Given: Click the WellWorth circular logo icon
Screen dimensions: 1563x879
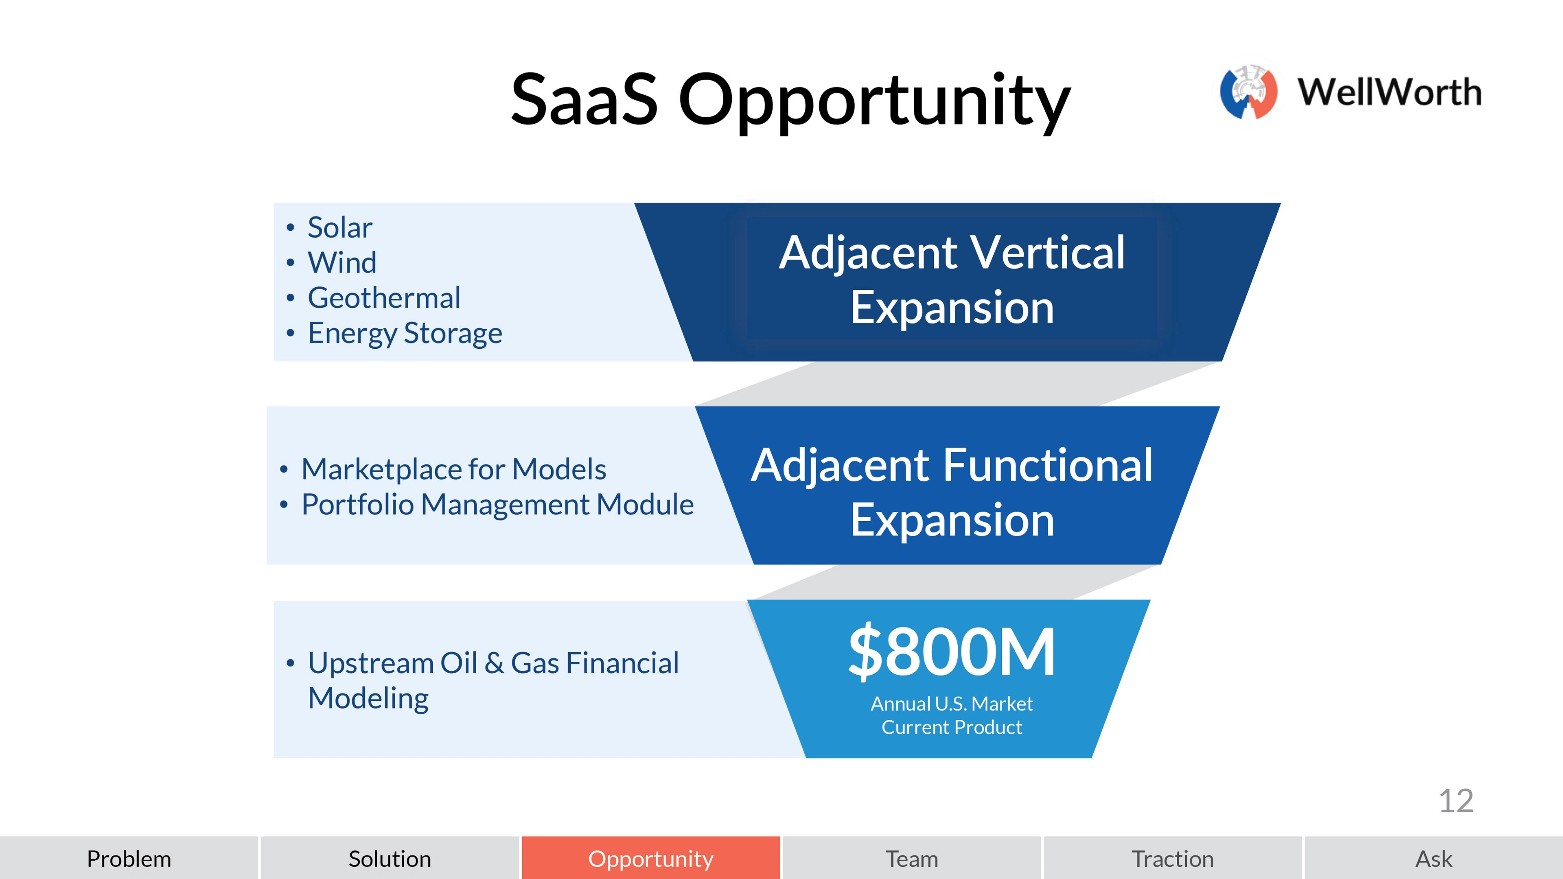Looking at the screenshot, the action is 1249,92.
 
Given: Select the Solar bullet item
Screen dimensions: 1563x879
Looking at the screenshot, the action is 340,227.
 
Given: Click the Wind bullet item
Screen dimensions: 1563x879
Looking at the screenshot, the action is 342,262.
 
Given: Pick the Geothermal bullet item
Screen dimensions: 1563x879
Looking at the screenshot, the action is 384,298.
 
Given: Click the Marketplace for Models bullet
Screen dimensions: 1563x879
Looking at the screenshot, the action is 454,469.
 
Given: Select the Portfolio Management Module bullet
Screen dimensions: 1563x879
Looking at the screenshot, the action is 497,504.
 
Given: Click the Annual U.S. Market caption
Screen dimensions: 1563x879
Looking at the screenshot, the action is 951,704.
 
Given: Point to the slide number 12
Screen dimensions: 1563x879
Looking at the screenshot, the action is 1456,801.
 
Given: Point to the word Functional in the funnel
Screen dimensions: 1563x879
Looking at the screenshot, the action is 1048,465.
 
